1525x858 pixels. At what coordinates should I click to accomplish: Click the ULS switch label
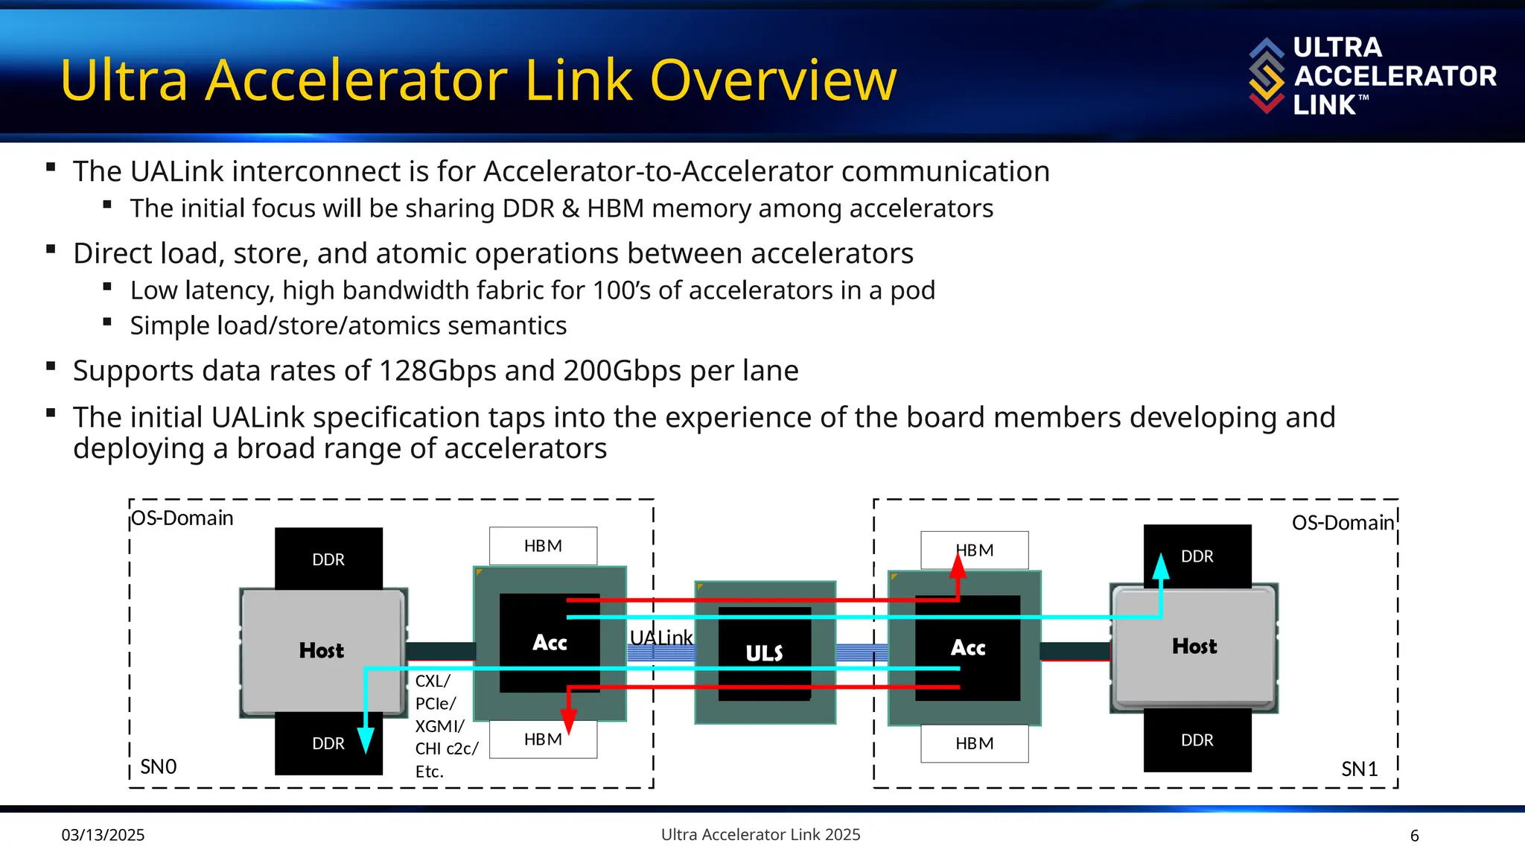point(764,653)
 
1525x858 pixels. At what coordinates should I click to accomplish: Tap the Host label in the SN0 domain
point(322,650)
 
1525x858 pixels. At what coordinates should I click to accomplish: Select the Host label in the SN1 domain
point(1194,646)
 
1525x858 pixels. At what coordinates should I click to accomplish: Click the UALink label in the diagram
point(661,638)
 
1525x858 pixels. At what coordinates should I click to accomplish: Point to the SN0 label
point(159,766)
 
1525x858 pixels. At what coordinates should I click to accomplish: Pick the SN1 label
point(1360,769)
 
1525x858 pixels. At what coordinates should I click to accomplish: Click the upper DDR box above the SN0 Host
point(328,559)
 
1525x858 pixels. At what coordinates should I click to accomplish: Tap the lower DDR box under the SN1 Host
point(1197,740)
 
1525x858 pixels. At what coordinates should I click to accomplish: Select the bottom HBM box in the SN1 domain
point(975,743)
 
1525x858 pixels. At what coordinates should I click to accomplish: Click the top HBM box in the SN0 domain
point(543,546)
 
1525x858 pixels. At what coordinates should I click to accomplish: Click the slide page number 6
point(1415,836)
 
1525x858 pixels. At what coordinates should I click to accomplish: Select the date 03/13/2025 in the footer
point(103,835)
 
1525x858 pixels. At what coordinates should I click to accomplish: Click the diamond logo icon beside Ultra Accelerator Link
point(1267,75)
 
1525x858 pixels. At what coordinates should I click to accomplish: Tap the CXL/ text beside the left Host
point(433,681)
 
